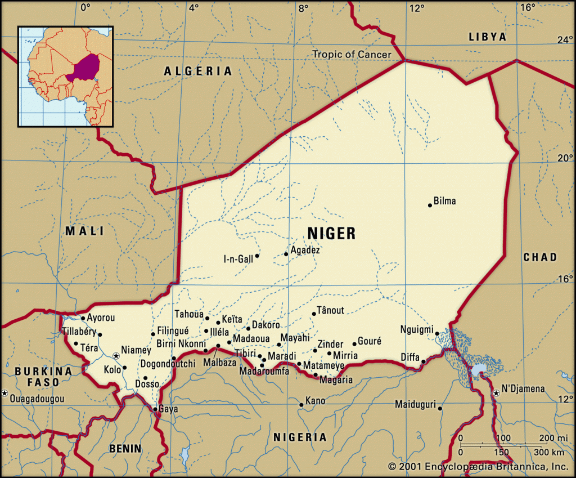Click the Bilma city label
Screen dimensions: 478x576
click(445, 201)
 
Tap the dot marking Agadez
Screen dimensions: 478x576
click(286, 254)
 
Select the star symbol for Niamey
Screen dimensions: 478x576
click(116, 356)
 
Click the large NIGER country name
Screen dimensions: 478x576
click(331, 233)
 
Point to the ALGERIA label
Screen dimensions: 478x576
click(197, 71)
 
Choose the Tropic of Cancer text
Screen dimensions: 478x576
click(352, 54)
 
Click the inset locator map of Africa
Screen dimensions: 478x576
click(65, 76)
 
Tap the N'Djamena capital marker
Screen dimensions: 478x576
click(496, 392)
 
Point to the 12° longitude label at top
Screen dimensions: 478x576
click(416, 7)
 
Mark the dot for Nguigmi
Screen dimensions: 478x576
click(437, 334)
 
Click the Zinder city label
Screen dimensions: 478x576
click(330, 343)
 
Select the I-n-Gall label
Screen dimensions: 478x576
click(238, 259)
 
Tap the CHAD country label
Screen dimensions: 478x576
click(539, 257)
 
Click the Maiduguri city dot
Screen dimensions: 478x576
click(440, 408)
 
